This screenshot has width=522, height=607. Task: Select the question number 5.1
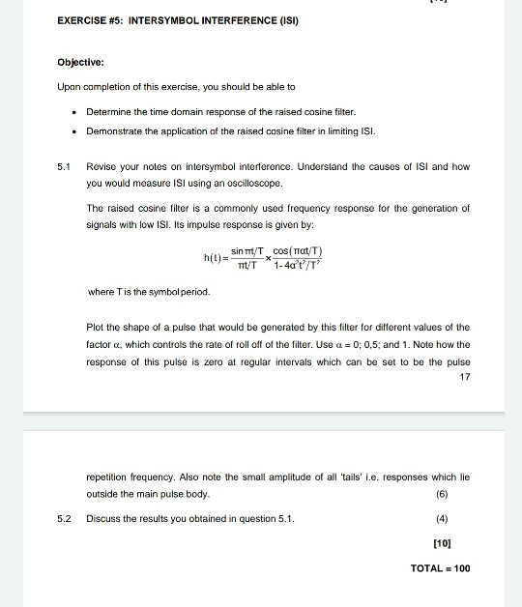click(64, 166)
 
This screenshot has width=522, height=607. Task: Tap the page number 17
click(464, 377)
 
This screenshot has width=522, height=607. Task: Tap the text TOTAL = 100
click(440, 568)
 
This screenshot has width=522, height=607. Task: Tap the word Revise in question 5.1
click(101, 166)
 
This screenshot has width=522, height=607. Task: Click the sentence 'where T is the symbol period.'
click(147, 291)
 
